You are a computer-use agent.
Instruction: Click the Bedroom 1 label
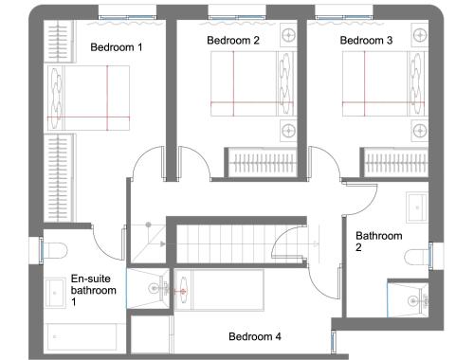(x=117, y=47)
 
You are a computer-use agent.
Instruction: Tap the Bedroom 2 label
(x=233, y=41)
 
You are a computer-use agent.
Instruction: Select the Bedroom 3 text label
(x=366, y=41)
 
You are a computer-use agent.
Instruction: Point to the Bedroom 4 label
(x=255, y=336)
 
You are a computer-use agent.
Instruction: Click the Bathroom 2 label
(x=379, y=242)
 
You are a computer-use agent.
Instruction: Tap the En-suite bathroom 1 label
(x=94, y=290)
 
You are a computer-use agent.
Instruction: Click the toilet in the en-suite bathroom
(x=55, y=250)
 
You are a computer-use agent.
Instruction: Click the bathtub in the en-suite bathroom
(x=82, y=336)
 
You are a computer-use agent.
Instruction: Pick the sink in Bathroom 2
(x=417, y=207)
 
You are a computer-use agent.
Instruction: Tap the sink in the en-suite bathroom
(x=55, y=293)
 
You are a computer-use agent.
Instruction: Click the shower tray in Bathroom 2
(x=408, y=298)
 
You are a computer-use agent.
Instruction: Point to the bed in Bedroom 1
(x=88, y=98)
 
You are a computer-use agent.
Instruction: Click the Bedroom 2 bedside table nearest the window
(x=288, y=35)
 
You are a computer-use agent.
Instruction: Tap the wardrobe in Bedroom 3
(x=395, y=163)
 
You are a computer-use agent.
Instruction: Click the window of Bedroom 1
(x=127, y=17)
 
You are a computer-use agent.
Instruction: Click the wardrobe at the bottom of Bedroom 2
(x=262, y=163)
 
